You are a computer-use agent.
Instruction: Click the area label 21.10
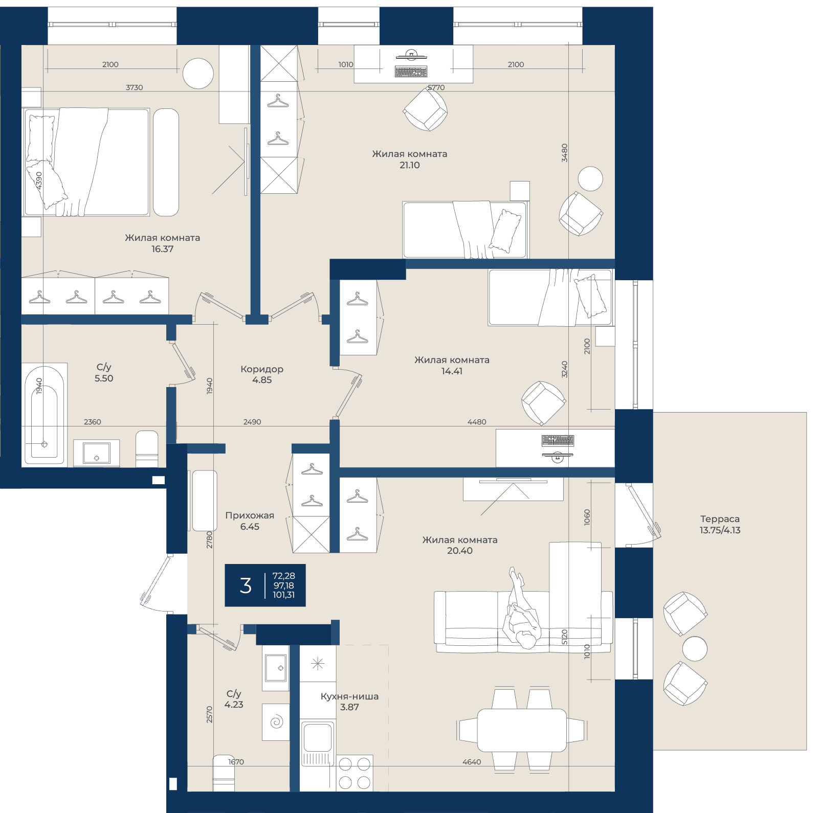[409, 165]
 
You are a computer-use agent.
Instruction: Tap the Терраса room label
[720, 519]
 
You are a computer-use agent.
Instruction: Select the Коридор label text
[262, 369]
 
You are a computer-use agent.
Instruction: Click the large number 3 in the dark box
[246, 585]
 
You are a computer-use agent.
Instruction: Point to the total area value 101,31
[283, 595]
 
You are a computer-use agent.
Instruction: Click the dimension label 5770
[436, 87]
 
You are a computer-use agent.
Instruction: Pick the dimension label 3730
[135, 87]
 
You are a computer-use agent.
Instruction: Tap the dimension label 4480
[477, 422]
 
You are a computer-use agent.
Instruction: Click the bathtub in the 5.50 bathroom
[44, 415]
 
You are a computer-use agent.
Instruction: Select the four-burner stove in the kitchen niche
[355, 773]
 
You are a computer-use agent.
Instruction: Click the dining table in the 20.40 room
[522, 730]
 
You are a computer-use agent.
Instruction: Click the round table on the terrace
[695, 649]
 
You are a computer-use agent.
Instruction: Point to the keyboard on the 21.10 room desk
[411, 72]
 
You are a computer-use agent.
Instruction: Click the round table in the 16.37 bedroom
[198, 74]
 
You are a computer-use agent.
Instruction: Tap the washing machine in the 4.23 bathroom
[276, 722]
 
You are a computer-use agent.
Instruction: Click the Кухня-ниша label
[349, 696]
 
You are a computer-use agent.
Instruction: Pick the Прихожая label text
[250, 516]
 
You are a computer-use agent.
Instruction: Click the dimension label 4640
[472, 762]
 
